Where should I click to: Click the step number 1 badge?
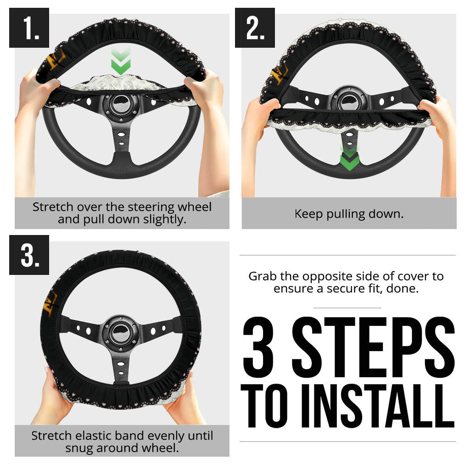coord(29,28)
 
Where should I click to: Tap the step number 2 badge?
coord(255,28)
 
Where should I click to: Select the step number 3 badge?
coord(29,255)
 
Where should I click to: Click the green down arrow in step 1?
coord(121,62)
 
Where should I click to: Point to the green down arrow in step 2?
coord(349,159)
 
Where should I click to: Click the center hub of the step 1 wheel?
coord(121,105)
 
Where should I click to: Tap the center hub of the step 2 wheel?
coord(349,101)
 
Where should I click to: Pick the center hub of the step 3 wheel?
coord(121,333)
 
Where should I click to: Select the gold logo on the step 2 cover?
coord(279,74)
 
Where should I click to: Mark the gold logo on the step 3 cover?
coord(50,303)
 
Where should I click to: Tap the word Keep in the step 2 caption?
coord(309,214)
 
